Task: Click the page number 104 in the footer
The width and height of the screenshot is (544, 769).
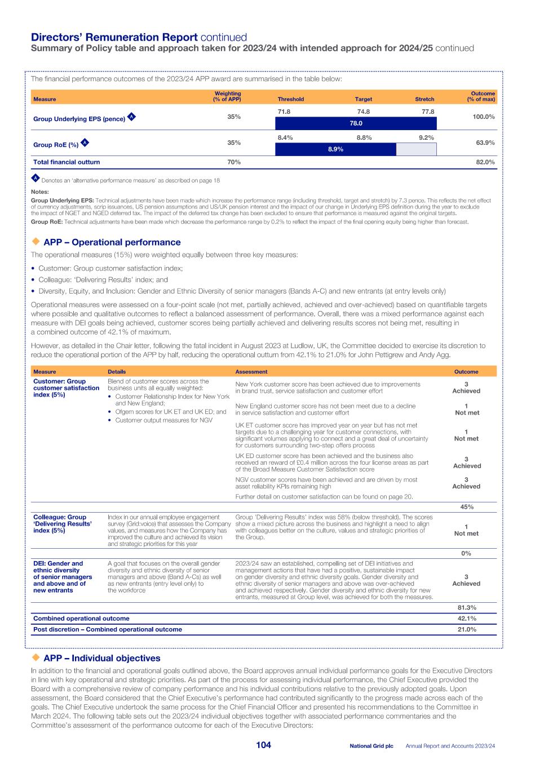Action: pyautogui.click(x=263, y=745)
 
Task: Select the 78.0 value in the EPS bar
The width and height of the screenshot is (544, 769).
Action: pyautogui.click(x=356, y=123)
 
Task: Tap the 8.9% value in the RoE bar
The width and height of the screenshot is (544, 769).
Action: pyautogui.click(x=335, y=149)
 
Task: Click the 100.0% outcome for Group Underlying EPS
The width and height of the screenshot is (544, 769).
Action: pyautogui.click(x=483, y=117)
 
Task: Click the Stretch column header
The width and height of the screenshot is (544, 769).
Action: pyautogui.click(x=424, y=99)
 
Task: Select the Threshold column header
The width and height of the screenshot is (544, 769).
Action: pyautogui.click(x=290, y=99)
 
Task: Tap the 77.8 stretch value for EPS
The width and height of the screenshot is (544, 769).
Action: pyautogui.click(x=428, y=112)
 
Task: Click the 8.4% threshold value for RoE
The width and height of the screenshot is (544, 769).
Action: pyautogui.click(x=285, y=137)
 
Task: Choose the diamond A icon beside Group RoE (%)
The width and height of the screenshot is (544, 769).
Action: pyautogui.click(x=85, y=143)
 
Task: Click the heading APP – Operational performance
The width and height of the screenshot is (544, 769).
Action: pyautogui.click(x=112, y=242)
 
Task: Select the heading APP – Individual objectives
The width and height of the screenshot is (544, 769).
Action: pyautogui.click(x=101, y=658)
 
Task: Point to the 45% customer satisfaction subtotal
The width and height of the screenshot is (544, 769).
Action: pyautogui.click(x=466, y=507)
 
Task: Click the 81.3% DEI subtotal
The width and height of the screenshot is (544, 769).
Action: pyautogui.click(x=466, y=608)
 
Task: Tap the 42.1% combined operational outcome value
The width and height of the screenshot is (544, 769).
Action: pyautogui.click(x=466, y=619)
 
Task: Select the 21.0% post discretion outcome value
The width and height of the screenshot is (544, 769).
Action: pyautogui.click(x=466, y=629)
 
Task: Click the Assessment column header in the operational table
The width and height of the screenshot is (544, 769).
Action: pyautogui.click(x=251, y=372)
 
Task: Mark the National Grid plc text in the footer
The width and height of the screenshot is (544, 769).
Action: pyautogui.click(x=371, y=746)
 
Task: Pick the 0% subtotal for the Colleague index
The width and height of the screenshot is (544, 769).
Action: pyautogui.click(x=466, y=553)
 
